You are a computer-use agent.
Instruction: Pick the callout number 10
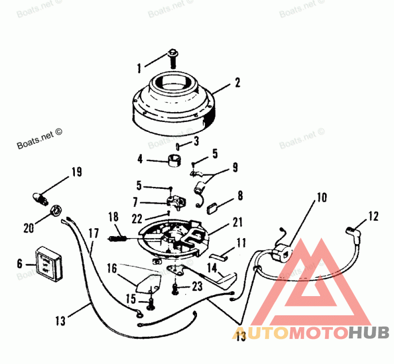click(x=321, y=198)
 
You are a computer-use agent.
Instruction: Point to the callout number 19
click(x=76, y=172)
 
